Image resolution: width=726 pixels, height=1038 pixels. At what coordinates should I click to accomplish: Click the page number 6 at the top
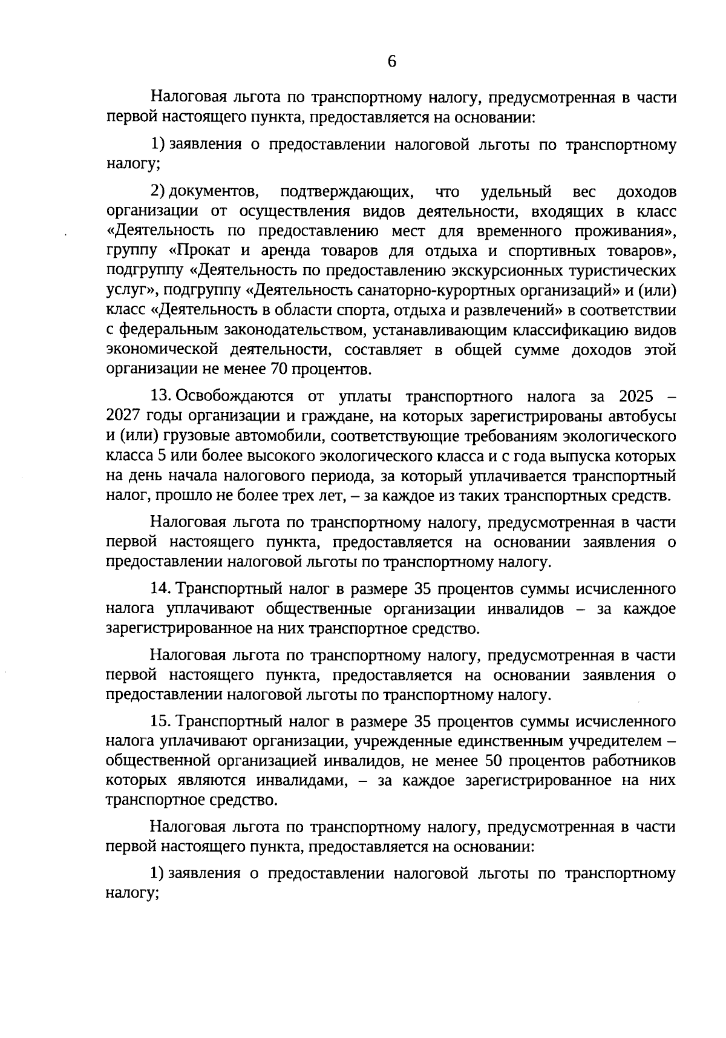391,61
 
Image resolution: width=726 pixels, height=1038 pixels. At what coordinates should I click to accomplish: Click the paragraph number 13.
160,396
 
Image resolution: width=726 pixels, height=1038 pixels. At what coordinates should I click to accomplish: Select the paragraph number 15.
160,721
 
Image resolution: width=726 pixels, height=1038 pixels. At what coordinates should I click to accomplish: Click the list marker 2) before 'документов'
157,192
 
